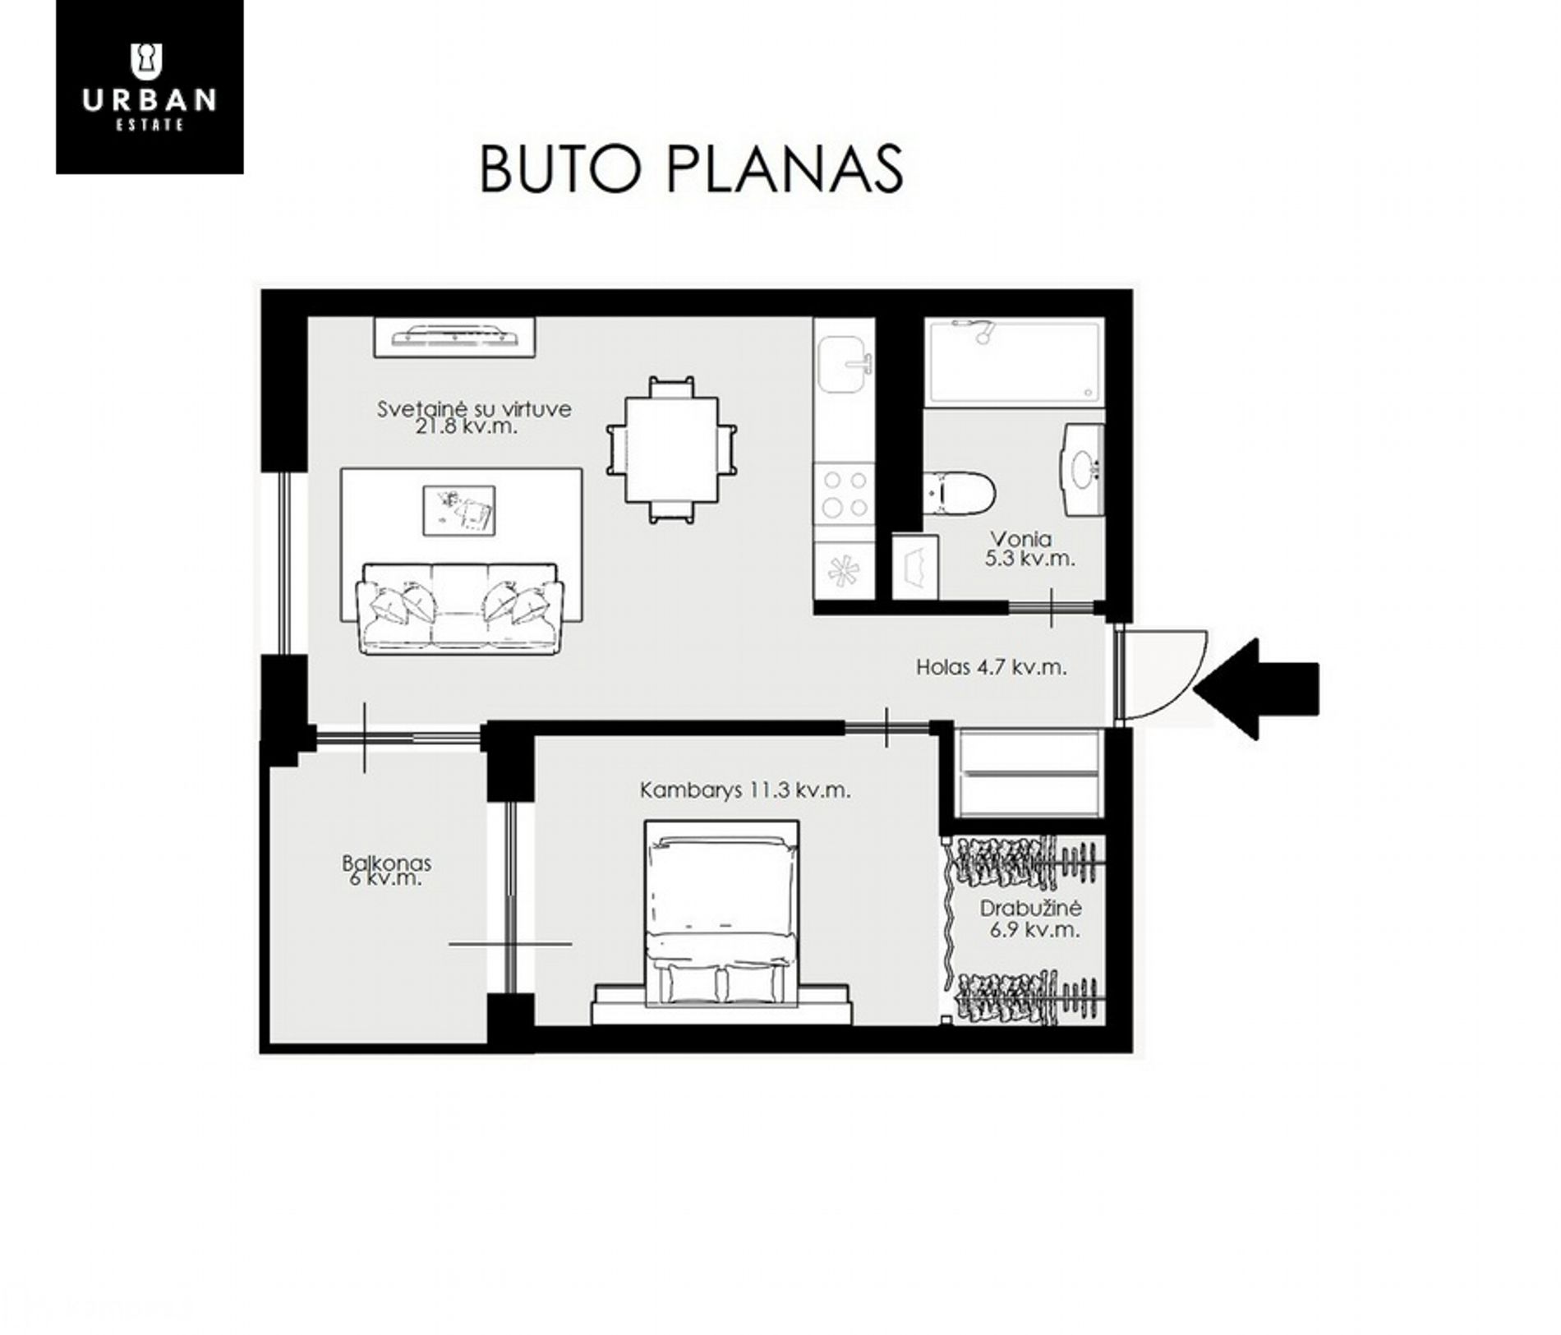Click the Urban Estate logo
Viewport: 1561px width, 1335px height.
click(150, 86)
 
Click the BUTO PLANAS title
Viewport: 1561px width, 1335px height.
click(691, 169)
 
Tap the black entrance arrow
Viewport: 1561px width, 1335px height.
click(1255, 688)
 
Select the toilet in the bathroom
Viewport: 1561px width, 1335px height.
click(959, 492)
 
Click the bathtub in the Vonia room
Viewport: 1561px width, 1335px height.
click(1014, 362)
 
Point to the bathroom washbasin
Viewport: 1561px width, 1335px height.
click(1084, 469)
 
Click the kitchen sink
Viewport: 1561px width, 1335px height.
click(845, 366)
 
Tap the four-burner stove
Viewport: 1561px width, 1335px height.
click(845, 493)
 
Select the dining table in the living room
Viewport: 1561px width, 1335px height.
click(671, 449)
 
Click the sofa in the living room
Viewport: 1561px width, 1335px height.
click(459, 608)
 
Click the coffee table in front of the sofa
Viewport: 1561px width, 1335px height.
click(458, 510)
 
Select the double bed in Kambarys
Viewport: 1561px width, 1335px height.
click(722, 913)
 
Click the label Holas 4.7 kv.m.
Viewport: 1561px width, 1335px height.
click(991, 667)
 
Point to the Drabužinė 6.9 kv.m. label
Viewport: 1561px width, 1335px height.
click(1030, 918)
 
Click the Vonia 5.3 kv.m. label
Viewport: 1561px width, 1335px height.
click(1029, 548)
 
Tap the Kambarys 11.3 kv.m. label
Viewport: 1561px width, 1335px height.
click(745, 790)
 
